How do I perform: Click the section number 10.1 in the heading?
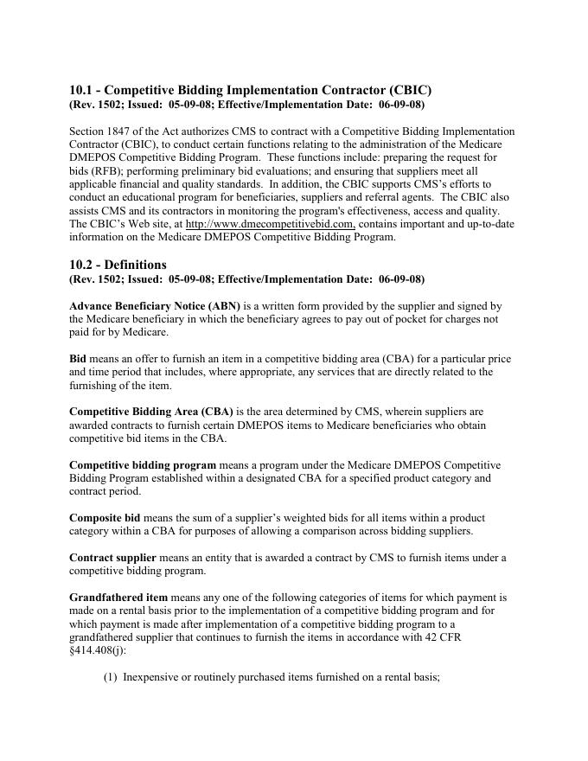coord(82,90)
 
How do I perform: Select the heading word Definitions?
coord(136,265)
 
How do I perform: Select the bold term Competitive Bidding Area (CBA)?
coord(151,412)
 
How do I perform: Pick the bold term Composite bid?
coord(104,517)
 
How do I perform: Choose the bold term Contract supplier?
coord(111,557)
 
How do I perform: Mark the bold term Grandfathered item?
coord(118,598)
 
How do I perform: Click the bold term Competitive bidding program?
coord(143,465)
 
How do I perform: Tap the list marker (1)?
coord(111,678)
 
